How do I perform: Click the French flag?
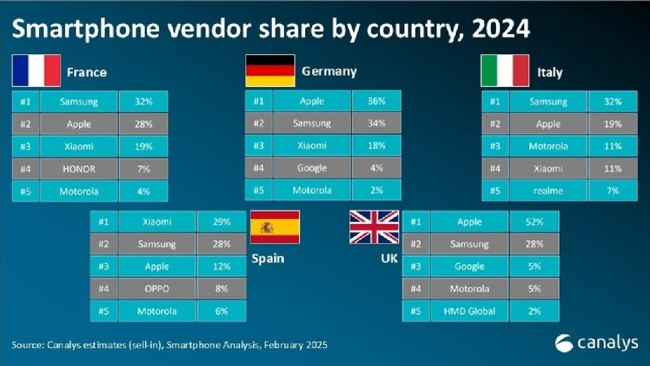(36, 71)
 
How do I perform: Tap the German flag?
(270, 71)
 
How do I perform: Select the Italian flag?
(504, 71)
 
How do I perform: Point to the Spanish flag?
(274, 227)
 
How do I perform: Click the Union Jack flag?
(374, 227)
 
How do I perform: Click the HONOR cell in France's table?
(78, 169)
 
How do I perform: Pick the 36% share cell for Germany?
(377, 101)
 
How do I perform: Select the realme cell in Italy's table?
(548, 191)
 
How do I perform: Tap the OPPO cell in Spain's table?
(156, 288)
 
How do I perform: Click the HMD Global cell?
(468, 311)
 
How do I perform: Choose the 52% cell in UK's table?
(532, 222)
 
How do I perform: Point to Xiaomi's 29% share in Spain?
(222, 222)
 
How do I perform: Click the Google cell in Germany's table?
(312, 168)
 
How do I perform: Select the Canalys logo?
(596, 343)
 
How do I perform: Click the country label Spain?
(268, 259)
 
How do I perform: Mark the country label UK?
(389, 259)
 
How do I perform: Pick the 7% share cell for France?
(143, 169)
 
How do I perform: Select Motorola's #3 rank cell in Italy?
(494, 146)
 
